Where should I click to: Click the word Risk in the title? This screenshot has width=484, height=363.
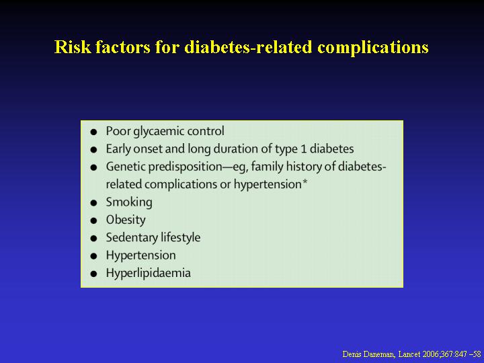tap(73, 46)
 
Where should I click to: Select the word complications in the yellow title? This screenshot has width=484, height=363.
tap(373, 48)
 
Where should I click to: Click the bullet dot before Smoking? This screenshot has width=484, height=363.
tap(93, 203)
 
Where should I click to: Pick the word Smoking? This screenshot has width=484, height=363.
tap(129, 202)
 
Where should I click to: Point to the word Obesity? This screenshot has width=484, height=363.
tap(126, 220)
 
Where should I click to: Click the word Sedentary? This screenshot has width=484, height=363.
tap(132, 238)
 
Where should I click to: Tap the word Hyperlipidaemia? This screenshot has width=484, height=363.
tap(148, 273)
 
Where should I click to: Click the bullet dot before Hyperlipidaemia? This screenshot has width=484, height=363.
tap(93, 274)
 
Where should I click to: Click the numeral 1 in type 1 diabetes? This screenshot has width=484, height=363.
tap(304, 149)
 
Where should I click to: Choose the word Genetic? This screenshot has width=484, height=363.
tap(126, 167)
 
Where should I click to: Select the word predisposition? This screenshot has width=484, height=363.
tap(185, 167)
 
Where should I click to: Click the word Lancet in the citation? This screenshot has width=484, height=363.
tap(409, 354)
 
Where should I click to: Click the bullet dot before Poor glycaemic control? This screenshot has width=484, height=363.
tap(93, 132)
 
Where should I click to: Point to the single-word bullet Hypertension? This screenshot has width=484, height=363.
tap(140, 256)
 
